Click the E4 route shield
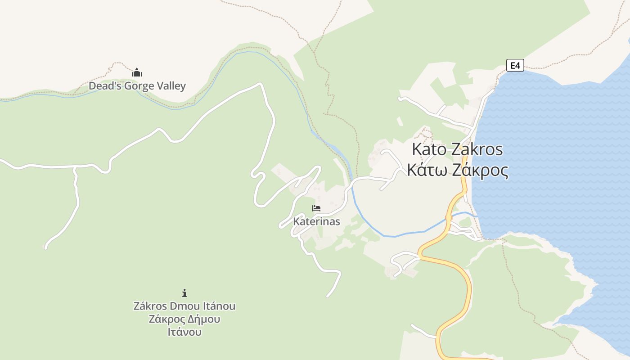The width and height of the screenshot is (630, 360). [515, 65]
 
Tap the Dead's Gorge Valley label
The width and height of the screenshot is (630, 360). [137, 86]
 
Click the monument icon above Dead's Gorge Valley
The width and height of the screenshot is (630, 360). [137, 72]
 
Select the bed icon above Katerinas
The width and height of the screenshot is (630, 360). [316, 208]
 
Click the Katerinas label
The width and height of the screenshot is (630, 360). [316, 221]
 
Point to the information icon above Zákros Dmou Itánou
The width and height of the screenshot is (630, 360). [184, 293]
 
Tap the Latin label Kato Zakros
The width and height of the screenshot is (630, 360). [457, 149]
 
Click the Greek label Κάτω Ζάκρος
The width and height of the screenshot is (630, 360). [458, 171]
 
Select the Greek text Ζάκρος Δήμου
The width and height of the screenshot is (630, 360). [184, 319]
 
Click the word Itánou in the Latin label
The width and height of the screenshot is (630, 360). [218, 306]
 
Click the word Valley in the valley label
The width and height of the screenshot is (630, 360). [170, 86]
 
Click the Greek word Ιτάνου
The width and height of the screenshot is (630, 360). [184, 332]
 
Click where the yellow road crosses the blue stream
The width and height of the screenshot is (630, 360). [448, 219]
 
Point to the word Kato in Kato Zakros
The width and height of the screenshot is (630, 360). [430, 149]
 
